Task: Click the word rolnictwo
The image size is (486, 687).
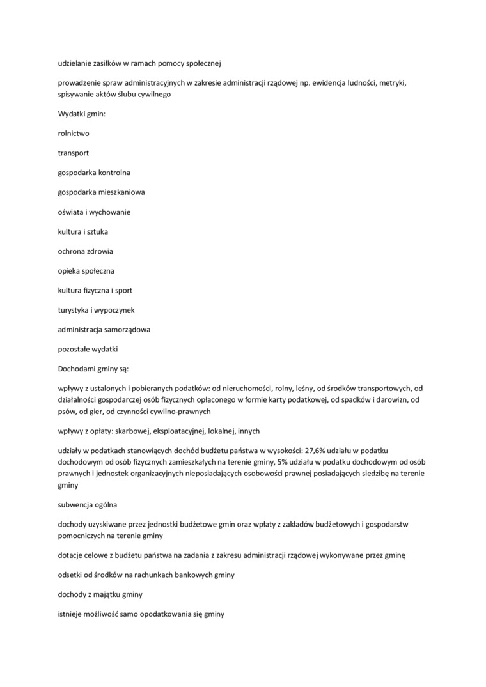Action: point(74,134)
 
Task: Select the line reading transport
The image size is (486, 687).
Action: point(74,153)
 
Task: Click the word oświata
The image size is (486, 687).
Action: point(70,212)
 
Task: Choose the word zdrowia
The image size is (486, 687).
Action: point(99,251)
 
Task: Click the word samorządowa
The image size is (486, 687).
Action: point(125,330)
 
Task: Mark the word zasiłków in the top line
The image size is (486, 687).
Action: point(110,63)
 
